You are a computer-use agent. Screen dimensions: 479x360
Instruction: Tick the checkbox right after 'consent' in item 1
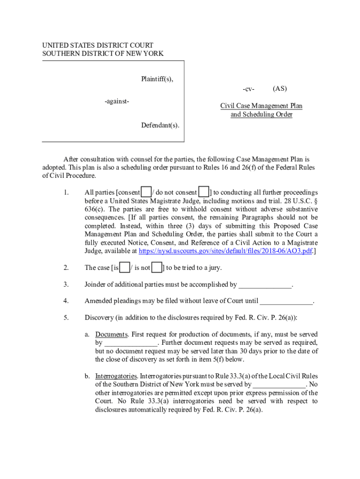[146, 192]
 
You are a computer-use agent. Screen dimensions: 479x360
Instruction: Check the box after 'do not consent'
[203, 192]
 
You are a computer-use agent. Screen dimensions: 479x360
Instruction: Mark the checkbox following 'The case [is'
[125, 268]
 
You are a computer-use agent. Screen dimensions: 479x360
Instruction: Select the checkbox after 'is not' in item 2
[157, 268]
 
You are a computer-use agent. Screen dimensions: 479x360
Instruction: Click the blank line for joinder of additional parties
[265, 285]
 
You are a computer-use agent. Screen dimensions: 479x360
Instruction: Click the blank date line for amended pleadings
[286, 302]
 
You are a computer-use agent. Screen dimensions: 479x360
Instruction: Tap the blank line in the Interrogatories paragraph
[279, 385]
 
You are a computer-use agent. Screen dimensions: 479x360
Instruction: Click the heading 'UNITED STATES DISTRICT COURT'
[98, 45]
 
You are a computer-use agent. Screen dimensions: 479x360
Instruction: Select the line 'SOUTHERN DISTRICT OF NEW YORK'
[103, 54]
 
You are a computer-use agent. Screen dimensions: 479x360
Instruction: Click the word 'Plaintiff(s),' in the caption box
[157, 79]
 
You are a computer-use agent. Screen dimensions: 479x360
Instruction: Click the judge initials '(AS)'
[280, 88]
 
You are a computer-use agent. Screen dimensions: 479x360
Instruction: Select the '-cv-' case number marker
[248, 89]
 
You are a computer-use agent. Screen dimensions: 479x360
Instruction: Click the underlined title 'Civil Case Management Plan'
[261, 106]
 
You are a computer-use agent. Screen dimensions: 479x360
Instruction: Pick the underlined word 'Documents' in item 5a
[112, 334]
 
